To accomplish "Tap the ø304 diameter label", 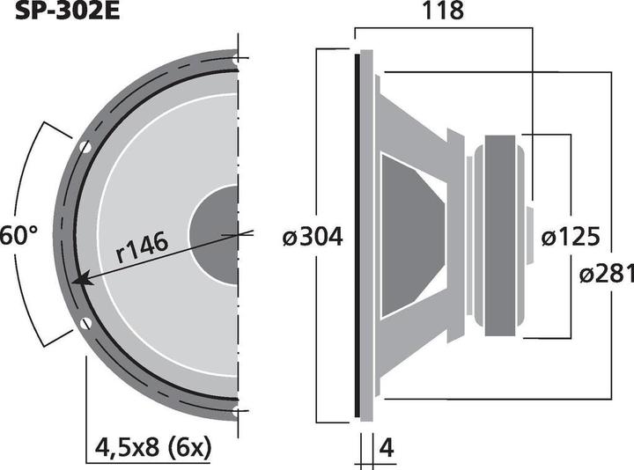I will point(313,236).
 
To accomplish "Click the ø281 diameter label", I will point(607,274).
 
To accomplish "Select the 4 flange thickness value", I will point(385,449).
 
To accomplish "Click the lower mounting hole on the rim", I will point(85,325).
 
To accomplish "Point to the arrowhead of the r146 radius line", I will point(79,281).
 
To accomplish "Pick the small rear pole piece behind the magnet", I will point(528,236).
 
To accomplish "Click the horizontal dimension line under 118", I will point(443,27).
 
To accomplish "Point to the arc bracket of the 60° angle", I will point(35,236).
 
